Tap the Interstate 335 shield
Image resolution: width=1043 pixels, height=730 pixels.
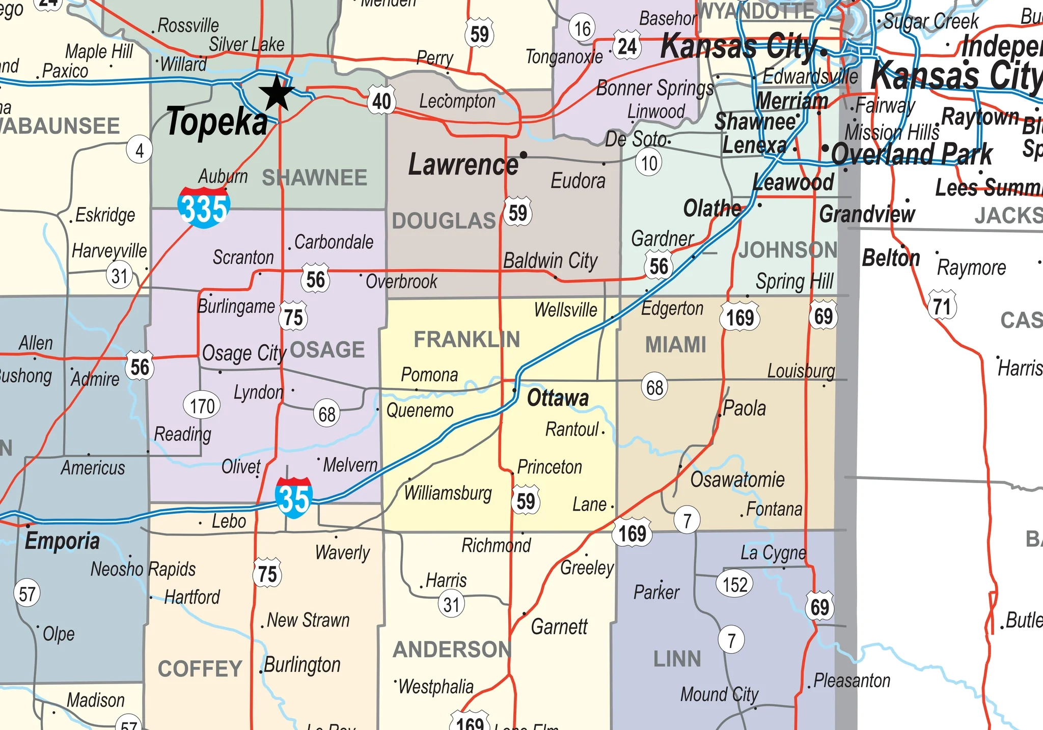(204, 207)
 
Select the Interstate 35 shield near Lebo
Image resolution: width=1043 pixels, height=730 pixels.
(294, 497)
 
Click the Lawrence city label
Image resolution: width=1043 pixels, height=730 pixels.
(463, 165)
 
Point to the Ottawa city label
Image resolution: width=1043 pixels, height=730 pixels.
(558, 398)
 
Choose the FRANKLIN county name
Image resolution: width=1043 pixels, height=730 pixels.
(466, 340)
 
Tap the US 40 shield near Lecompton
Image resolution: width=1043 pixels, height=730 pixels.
(382, 102)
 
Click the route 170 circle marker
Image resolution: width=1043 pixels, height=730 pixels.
(202, 406)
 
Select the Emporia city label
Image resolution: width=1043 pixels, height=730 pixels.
(62, 541)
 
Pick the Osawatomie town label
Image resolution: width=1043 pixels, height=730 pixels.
(737, 480)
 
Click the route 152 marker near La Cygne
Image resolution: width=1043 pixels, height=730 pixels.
(734, 584)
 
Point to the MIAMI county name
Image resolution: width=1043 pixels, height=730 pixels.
(676, 345)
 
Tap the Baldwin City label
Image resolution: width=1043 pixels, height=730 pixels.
(550, 261)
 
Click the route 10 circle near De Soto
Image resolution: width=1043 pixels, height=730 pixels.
(649, 163)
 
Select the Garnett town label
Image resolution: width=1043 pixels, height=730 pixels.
(559, 627)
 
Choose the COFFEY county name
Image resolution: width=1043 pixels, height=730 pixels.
(200, 669)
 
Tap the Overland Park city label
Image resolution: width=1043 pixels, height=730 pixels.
(912, 154)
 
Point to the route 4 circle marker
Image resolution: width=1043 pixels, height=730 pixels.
(140, 150)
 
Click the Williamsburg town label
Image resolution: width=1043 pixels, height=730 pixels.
(448, 493)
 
